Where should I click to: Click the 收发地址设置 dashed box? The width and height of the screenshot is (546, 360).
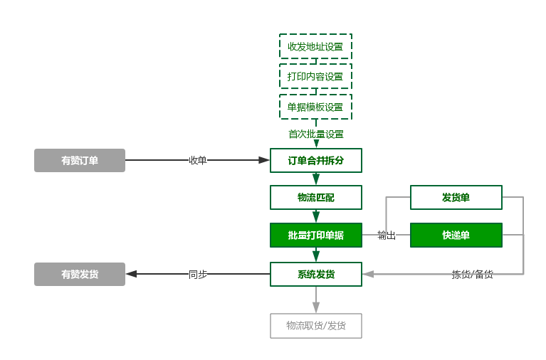315,47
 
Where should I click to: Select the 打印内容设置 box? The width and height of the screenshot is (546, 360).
315,77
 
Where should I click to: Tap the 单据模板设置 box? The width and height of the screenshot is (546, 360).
315,107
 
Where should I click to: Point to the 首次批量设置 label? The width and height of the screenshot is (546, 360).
315,134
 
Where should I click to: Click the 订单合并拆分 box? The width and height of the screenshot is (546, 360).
315,161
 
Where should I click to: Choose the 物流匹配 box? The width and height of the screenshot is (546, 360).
315,198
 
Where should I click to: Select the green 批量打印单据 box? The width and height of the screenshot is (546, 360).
315,235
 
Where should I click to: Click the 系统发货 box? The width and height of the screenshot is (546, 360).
315,275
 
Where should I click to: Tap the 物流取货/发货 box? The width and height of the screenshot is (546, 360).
315,326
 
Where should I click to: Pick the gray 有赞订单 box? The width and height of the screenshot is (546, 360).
80,161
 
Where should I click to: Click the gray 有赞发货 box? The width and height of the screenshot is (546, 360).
80,275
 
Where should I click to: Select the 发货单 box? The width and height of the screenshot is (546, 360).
456,198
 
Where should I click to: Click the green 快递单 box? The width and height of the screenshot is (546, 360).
456,235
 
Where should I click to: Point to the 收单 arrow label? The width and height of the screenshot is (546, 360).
197,161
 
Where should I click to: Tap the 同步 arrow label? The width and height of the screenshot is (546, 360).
197,275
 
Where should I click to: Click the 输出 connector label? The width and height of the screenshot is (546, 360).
386,235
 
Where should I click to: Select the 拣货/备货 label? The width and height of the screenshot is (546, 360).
472,275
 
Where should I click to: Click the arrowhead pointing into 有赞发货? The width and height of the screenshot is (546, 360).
131,275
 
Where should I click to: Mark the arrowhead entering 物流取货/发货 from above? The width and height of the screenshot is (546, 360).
315,308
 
